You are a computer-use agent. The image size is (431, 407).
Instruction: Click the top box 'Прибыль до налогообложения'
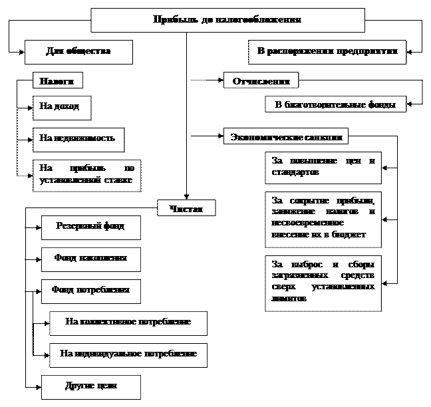pos(227,20)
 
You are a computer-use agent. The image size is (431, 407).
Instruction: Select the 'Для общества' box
pos(78,52)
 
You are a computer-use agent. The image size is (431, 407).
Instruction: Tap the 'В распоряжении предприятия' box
pos(327,52)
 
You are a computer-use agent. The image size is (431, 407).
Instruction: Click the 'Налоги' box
pos(58,80)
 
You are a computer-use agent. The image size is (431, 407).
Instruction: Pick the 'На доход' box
pos(61,107)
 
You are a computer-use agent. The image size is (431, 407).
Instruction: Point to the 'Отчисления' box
pos(261,80)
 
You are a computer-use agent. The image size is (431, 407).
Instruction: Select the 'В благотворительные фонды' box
pos(335,104)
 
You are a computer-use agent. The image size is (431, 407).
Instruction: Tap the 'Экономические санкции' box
pos(286,136)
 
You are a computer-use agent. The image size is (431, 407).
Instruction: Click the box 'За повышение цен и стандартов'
pos(323,167)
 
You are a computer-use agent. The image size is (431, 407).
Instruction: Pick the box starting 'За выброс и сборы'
pos(323,282)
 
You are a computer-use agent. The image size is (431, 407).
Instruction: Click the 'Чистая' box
pos(187,209)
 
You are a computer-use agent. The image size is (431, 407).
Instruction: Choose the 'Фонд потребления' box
pos(91,291)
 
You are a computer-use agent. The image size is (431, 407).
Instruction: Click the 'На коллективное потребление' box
pos(128,323)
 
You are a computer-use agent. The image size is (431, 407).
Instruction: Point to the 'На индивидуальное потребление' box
pos(128,354)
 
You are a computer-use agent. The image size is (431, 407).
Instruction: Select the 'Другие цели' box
pos(91,386)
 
